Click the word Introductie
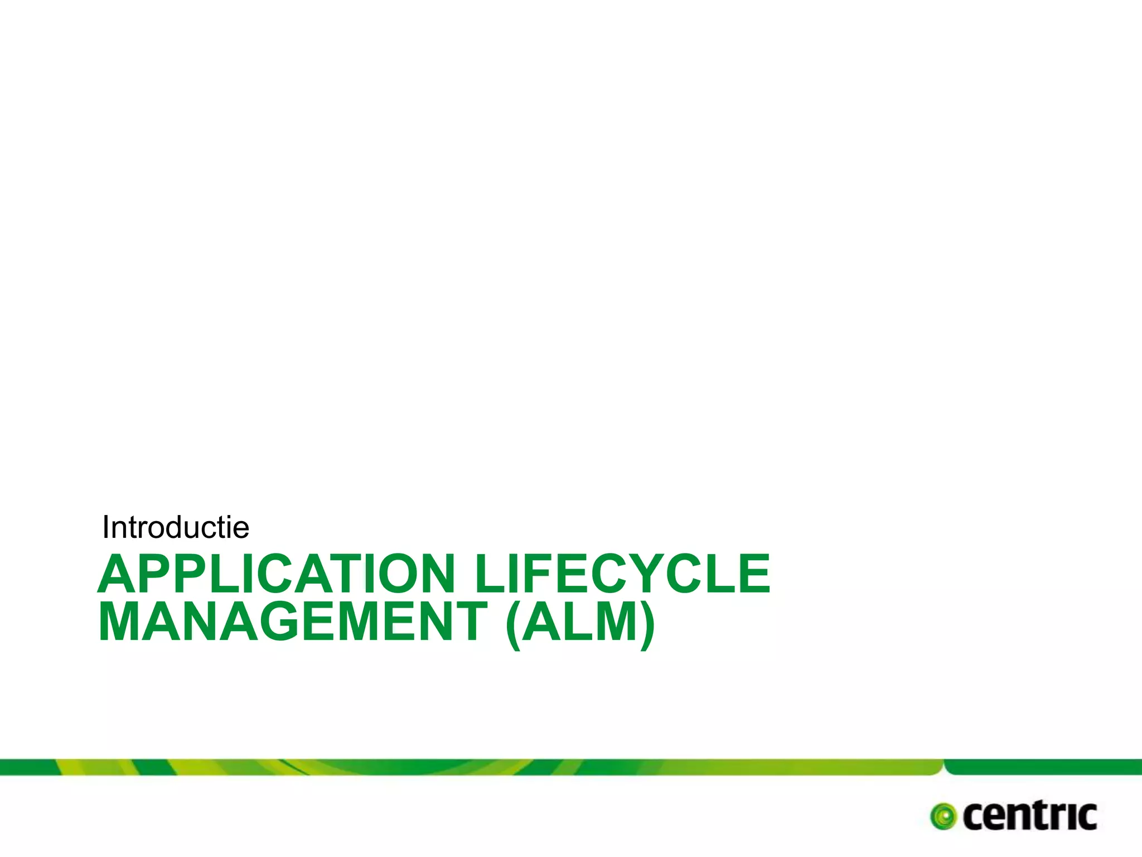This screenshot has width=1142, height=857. click(x=176, y=527)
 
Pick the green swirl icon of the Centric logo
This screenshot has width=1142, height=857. click(x=943, y=817)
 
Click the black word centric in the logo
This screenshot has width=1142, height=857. click(x=1029, y=817)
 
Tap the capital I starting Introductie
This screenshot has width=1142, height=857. click(x=106, y=527)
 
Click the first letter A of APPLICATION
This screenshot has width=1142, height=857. click(x=119, y=574)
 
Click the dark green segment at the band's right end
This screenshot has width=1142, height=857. click(x=1043, y=767)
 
